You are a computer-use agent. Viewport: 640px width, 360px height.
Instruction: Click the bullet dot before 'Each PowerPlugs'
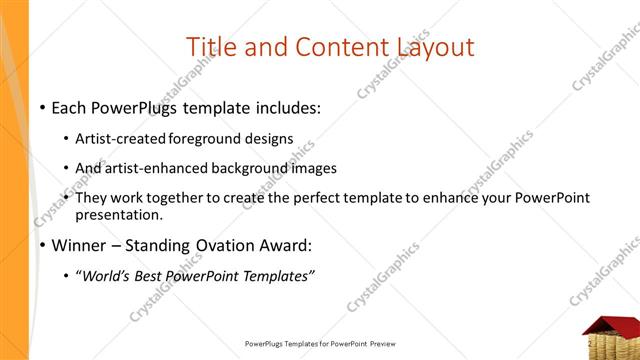(42, 106)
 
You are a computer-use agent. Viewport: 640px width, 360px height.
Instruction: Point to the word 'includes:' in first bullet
(287, 105)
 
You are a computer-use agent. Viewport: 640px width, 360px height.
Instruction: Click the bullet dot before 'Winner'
(42, 246)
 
